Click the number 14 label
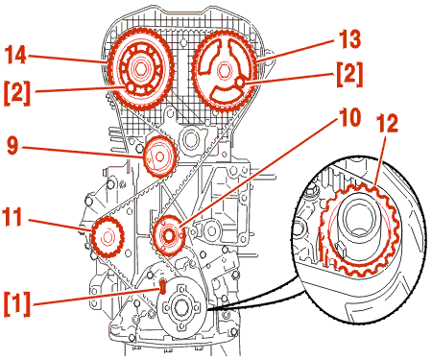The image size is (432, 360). pos(15,55)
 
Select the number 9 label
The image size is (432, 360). pos(13,146)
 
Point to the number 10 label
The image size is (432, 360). pos(350,117)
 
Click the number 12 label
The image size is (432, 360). pos(387,123)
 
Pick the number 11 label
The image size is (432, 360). pos(12,217)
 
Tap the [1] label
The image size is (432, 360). pos(17,304)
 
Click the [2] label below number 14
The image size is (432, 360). pos(17,93)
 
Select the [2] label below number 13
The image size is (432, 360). pos(349,74)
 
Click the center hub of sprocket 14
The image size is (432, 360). pos(140,68)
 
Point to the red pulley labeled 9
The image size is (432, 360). pos(159,156)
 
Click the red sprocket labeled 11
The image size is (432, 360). pos(108,237)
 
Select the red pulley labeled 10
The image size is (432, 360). pos(169,235)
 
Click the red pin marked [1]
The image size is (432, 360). pos(163,286)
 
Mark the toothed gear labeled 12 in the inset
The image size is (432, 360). pos(360,229)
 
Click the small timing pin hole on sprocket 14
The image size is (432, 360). pos(131,87)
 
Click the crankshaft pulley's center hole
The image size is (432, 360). pos(181,307)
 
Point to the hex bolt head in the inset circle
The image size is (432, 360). pos(311,191)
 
